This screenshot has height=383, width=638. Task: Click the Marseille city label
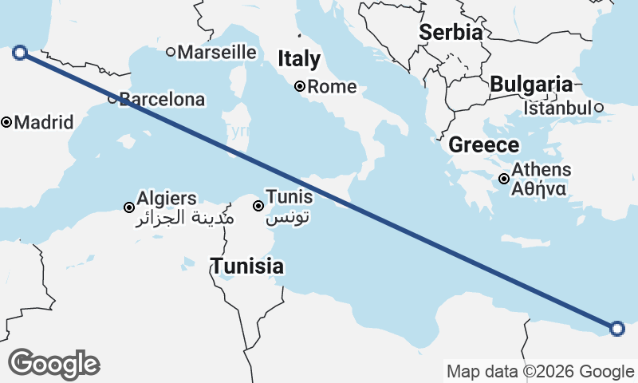pyautogui.click(x=217, y=53)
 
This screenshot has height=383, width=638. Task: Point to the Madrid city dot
pyautogui.click(x=6, y=123)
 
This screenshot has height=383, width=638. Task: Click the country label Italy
pyautogui.click(x=299, y=59)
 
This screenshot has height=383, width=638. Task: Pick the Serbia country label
pyautogui.click(x=451, y=33)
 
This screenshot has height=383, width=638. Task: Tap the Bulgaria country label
pyautogui.click(x=531, y=85)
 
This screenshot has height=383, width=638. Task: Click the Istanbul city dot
pyautogui.click(x=598, y=108)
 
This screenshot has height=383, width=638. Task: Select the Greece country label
pyautogui.click(x=484, y=145)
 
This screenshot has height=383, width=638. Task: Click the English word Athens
pyautogui.click(x=542, y=170)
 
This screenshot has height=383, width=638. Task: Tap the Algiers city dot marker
pyautogui.click(x=129, y=207)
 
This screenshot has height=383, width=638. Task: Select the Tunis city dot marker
pyautogui.click(x=258, y=206)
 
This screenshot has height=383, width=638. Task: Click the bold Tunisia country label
pyautogui.click(x=247, y=266)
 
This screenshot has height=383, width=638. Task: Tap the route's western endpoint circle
pyautogui.click(x=21, y=53)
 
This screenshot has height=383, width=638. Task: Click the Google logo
pyautogui.click(x=54, y=364)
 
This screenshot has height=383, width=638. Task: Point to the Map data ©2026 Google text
pyautogui.click(x=540, y=371)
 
